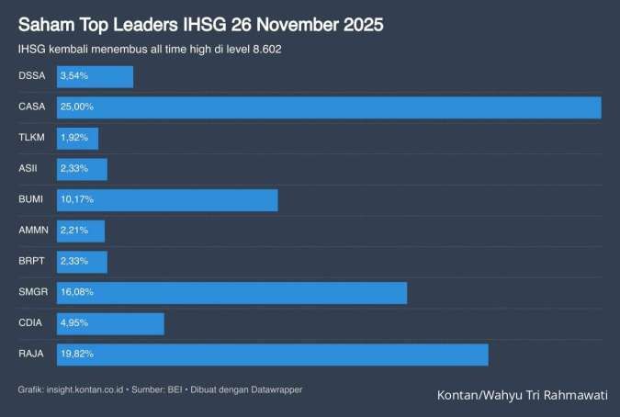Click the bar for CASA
click(329, 107)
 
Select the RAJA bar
click(272, 355)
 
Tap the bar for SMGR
click(231, 292)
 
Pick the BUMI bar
click(167, 200)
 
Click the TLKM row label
click(30, 139)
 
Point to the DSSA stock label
click(31, 76)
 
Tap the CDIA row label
click(30, 323)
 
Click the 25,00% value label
click(77, 107)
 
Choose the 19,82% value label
click(77, 355)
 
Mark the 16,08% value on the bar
click(77, 292)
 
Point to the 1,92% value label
click(74, 139)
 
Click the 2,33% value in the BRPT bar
click(74, 262)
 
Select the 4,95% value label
click(74, 323)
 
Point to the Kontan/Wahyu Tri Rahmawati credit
click(522, 395)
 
